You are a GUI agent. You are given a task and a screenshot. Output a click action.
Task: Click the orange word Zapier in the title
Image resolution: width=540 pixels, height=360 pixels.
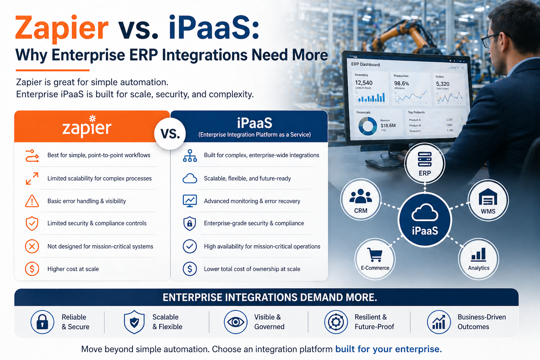[x=62, y=28]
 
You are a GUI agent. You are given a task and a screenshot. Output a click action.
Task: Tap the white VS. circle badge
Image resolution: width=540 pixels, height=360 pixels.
[x=170, y=133]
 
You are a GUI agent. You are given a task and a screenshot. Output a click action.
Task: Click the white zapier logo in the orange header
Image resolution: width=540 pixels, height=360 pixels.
[x=87, y=126]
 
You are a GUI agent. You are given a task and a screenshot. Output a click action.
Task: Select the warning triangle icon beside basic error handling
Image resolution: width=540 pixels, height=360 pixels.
[x=32, y=201]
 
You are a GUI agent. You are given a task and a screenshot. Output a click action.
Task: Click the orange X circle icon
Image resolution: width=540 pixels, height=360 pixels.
[x=32, y=246]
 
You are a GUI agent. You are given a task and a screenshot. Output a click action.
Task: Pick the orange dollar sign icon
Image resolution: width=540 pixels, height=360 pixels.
[x=32, y=269]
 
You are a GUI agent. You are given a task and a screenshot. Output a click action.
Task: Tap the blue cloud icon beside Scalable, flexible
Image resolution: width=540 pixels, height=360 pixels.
[x=190, y=179]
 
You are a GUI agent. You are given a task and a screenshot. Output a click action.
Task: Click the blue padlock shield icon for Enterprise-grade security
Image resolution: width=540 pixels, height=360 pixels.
[x=190, y=223]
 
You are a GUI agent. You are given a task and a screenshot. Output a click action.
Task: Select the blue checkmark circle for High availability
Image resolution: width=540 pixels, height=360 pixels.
[x=190, y=246]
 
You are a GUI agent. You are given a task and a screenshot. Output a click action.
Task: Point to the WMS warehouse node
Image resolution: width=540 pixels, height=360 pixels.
[x=488, y=200]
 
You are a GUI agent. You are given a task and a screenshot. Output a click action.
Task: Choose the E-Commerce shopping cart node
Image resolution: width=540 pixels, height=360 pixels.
[x=375, y=259]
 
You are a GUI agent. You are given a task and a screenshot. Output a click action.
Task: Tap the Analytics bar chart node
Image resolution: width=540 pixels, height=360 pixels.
[x=478, y=259]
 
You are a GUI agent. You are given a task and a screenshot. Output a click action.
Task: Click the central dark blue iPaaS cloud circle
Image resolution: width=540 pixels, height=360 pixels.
[x=425, y=220]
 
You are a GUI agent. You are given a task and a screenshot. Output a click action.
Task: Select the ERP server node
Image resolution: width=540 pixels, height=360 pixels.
[x=425, y=163]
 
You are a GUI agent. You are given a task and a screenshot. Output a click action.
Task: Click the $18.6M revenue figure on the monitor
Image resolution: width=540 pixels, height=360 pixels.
[x=388, y=126]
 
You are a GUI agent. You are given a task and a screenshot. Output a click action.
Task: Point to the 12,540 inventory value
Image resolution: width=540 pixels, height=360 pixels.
[x=364, y=83]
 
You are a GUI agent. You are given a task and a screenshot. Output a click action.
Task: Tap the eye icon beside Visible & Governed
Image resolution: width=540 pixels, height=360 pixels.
[x=236, y=322]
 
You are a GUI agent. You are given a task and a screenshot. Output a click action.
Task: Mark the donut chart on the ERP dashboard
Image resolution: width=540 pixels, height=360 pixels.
[x=368, y=126]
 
